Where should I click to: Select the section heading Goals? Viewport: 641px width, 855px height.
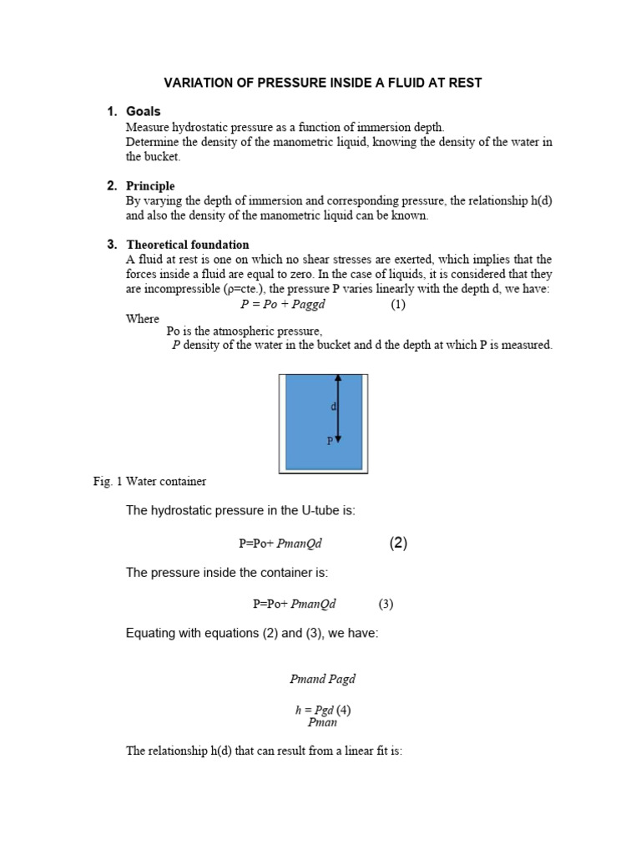[x=143, y=112]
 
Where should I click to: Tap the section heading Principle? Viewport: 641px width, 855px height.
[x=150, y=186]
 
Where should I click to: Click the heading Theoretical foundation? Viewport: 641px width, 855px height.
[x=187, y=245]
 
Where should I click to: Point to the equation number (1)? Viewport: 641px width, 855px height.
[x=398, y=305]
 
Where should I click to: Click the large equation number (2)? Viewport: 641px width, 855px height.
[x=398, y=544]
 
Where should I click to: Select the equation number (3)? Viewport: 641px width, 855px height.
[x=386, y=604]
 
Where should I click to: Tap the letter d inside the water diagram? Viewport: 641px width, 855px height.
[x=333, y=407]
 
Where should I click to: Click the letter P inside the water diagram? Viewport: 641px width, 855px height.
[x=330, y=440]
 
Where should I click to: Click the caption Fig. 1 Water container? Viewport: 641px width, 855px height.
[x=149, y=482]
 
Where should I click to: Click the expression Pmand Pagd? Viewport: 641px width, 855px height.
[x=322, y=680]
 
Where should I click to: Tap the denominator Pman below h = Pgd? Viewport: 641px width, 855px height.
[x=322, y=722]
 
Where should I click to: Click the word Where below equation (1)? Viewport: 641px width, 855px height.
[x=143, y=319]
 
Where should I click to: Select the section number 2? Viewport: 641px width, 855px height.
[x=111, y=186]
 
